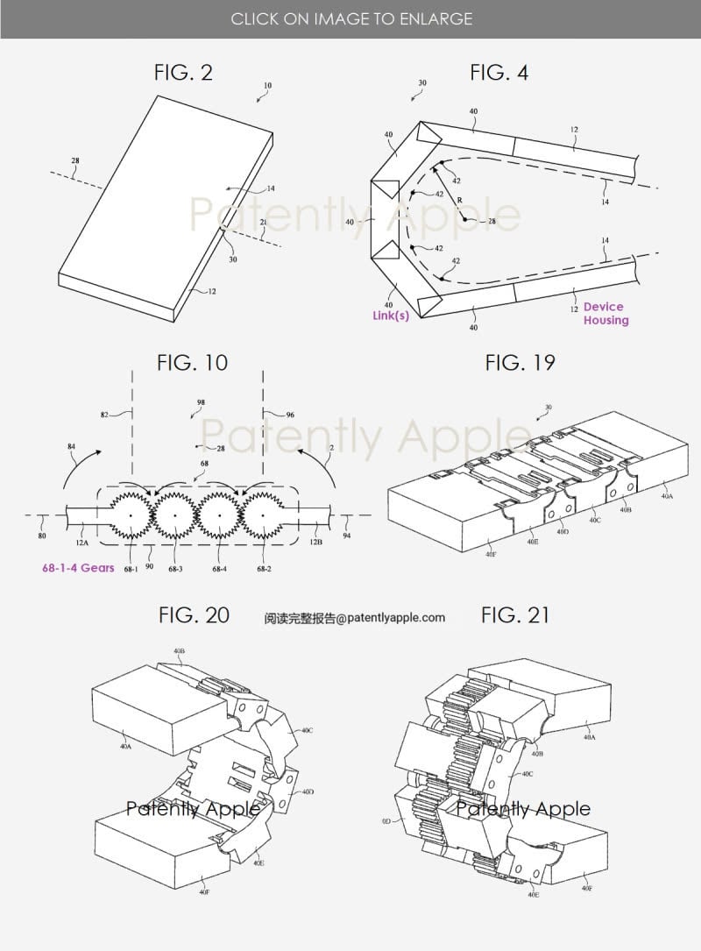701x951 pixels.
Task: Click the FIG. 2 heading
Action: pos(183,73)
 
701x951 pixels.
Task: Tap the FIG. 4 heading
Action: pos(499,73)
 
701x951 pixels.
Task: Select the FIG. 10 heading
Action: pos(192,362)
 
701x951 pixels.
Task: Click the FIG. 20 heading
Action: pos(194,615)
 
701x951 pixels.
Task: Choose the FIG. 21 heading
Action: pos(515,615)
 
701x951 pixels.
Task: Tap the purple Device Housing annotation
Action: pos(605,313)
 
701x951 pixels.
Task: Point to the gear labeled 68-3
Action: pos(175,515)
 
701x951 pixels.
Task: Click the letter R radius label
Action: pos(458,200)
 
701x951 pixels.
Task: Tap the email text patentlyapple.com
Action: pos(354,618)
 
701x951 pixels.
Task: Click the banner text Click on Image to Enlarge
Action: pos(350,18)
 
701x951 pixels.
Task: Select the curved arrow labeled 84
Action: pos(85,473)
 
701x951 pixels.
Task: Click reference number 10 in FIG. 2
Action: pos(267,86)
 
